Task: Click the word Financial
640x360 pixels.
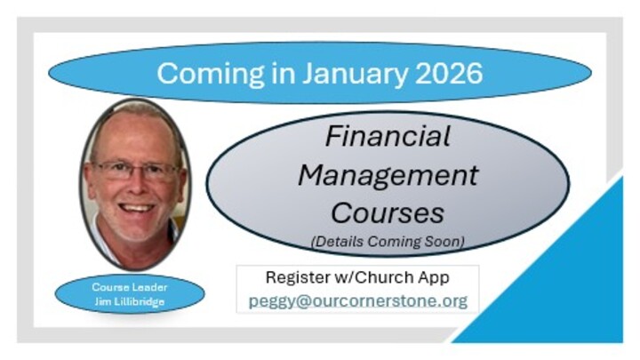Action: tap(387, 136)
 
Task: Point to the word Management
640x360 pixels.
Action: tap(387, 174)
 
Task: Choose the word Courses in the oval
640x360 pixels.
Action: tap(387, 212)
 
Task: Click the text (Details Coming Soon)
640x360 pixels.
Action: tap(387, 241)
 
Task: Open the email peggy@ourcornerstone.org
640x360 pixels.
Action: tap(357, 300)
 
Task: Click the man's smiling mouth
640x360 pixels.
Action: tap(137, 208)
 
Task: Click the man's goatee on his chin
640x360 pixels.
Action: tap(137, 228)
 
